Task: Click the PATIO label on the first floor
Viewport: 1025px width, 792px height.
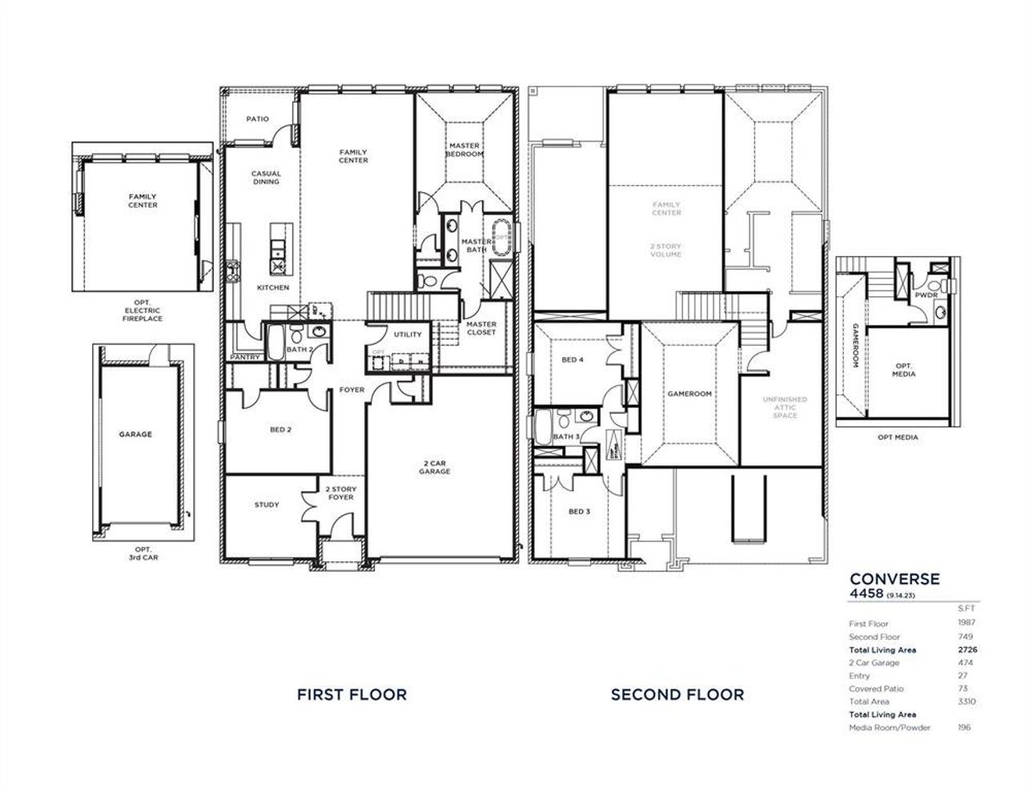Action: (257, 119)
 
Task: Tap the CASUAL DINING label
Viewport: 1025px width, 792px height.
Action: (266, 178)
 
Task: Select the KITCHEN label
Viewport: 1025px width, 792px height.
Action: (272, 287)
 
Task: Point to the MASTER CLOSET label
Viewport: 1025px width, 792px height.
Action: (481, 328)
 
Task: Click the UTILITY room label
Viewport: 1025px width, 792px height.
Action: (408, 335)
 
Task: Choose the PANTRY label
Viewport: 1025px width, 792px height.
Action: (244, 357)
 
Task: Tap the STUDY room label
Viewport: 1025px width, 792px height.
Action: (267, 505)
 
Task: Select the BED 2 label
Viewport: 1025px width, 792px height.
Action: (280, 430)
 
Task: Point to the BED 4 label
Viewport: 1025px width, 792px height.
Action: (572, 360)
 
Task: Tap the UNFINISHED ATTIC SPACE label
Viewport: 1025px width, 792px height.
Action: (785, 408)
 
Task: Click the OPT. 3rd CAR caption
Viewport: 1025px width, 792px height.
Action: (143, 553)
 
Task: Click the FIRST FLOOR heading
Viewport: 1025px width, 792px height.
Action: (352, 694)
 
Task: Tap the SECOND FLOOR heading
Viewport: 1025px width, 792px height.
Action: (677, 694)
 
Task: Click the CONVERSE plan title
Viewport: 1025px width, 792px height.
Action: (894, 579)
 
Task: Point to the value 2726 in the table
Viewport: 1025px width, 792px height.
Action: (967, 650)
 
